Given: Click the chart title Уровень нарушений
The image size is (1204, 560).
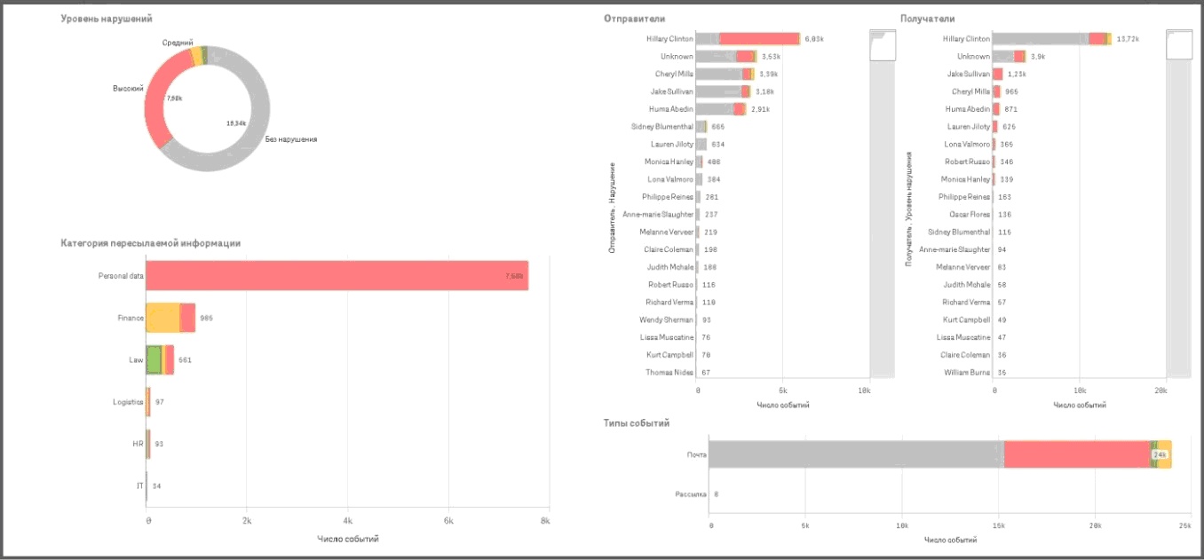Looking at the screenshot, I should pos(106,18).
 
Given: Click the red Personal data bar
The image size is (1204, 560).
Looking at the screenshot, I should pos(337,275).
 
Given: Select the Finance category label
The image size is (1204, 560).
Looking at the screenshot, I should pos(131,318).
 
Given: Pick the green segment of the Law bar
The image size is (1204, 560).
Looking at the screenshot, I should pos(154,359).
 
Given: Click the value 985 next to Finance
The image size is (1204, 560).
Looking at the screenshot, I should pos(206,318).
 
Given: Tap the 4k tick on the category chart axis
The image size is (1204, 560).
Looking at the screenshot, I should pos(347,521).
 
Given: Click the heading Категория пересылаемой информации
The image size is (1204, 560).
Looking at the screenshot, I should pos(150,242).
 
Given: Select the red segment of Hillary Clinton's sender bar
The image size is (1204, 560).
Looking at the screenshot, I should pos(759,39).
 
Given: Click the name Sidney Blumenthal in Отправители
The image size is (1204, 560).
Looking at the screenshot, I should pos(661,127).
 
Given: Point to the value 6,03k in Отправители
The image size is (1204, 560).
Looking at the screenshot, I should pos(814,39).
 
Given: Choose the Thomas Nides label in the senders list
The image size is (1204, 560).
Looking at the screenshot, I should pos(669,373).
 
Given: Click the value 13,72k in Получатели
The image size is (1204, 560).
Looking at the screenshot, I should pos(1128,39).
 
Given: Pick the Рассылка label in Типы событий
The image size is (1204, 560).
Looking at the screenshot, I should pos(691,493).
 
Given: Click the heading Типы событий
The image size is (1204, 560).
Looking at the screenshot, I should pos(636,423).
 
